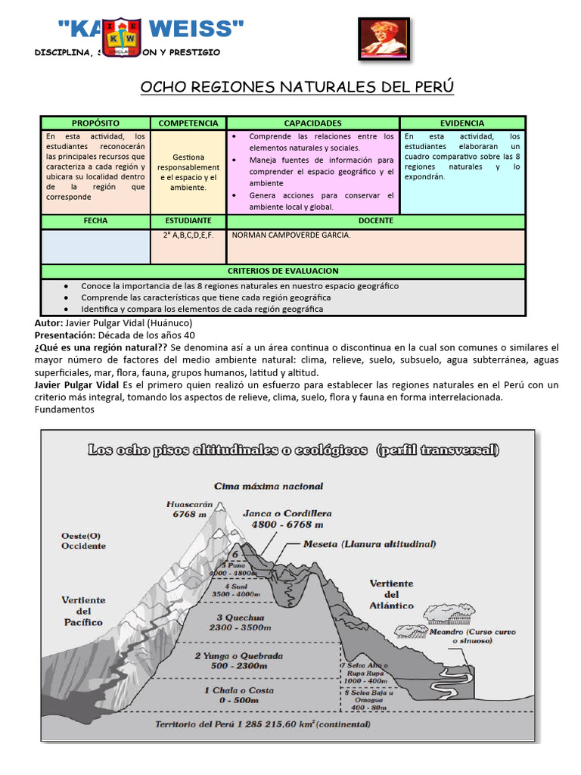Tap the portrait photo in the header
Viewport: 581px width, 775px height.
[384, 38]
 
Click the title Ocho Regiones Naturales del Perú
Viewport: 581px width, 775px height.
[297, 87]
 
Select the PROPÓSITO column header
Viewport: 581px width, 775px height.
[95, 123]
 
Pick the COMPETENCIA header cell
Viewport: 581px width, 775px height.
[188, 123]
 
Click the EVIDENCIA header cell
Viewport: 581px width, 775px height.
[462, 123]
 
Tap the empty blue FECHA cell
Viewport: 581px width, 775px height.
[95, 246]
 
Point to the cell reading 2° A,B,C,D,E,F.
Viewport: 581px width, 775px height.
[188, 235]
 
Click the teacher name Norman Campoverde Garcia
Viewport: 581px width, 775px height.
[291, 235]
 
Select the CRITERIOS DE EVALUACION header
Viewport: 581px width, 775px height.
[283, 270]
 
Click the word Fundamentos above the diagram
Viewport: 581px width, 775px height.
[64, 409]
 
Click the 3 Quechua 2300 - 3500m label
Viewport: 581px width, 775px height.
[242, 622]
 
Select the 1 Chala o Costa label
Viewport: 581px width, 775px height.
[238, 696]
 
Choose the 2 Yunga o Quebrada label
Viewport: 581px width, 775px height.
[239, 659]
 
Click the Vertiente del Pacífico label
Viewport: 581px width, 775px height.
[82, 611]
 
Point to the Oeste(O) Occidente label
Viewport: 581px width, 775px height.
[83, 540]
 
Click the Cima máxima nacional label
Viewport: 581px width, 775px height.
[269, 486]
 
